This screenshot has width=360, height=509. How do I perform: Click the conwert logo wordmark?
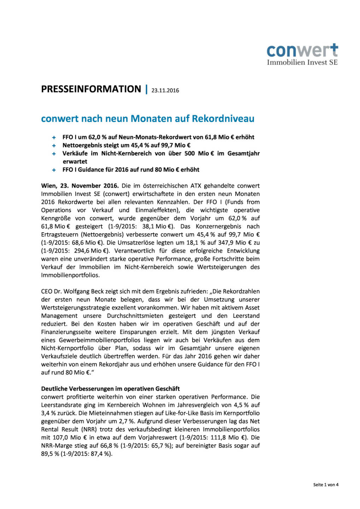click(302, 51)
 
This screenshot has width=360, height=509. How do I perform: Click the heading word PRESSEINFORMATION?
click(91, 89)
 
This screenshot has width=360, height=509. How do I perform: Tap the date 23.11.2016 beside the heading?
click(165, 90)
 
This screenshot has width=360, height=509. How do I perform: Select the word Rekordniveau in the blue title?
click(223, 118)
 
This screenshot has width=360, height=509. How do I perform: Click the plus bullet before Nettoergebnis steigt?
click(54, 146)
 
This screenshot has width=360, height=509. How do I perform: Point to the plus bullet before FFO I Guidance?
click(54, 170)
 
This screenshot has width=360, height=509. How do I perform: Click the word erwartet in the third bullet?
click(75, 162)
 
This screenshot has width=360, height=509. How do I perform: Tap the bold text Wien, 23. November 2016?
click(80, 186)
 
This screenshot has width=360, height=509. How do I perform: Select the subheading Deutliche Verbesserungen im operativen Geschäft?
click(111, 389)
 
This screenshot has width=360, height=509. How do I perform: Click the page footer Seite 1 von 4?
click(326, 485)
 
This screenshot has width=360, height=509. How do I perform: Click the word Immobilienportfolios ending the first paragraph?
click(70, 275)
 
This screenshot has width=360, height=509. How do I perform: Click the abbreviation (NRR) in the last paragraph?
click(89, 429)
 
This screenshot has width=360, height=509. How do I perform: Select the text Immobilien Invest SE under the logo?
click(302, 63)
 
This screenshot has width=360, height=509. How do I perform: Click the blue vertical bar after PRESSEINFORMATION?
click(146, 89)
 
